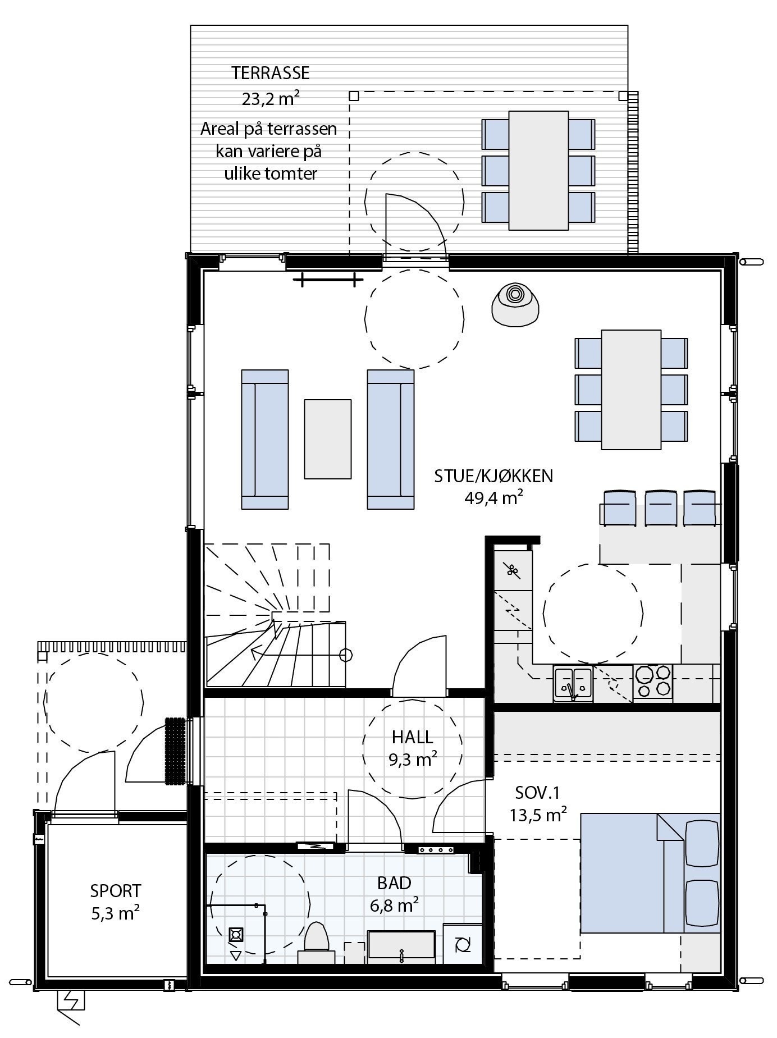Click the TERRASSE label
(x=271, y=73)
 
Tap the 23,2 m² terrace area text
(x=271, y=99)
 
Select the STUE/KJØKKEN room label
(x=493, y=476)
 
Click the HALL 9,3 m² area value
(x=413, y=760)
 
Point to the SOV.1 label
(x=537, y=793)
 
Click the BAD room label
(x=394, y=883)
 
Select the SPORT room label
(x=116, y=891)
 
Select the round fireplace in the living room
(x=515, y=304)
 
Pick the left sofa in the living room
(x=265, y=439)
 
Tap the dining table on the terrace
(x=538, y=170)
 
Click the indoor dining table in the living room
(x=631, y=390)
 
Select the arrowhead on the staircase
(x=255, y=653)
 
